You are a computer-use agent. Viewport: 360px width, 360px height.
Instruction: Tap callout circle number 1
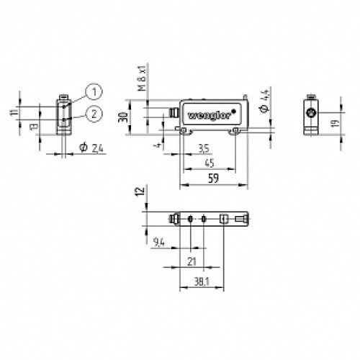pyautogui.click(x=93, y=90)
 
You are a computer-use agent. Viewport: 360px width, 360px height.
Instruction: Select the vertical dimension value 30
pyautogui.click(x=123, y=117)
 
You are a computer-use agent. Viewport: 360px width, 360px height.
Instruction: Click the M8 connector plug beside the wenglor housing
pyautogui.click(x=174, y=112)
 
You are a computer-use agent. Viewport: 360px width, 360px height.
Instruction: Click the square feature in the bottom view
pyautogui.click(x=225, y=218)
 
